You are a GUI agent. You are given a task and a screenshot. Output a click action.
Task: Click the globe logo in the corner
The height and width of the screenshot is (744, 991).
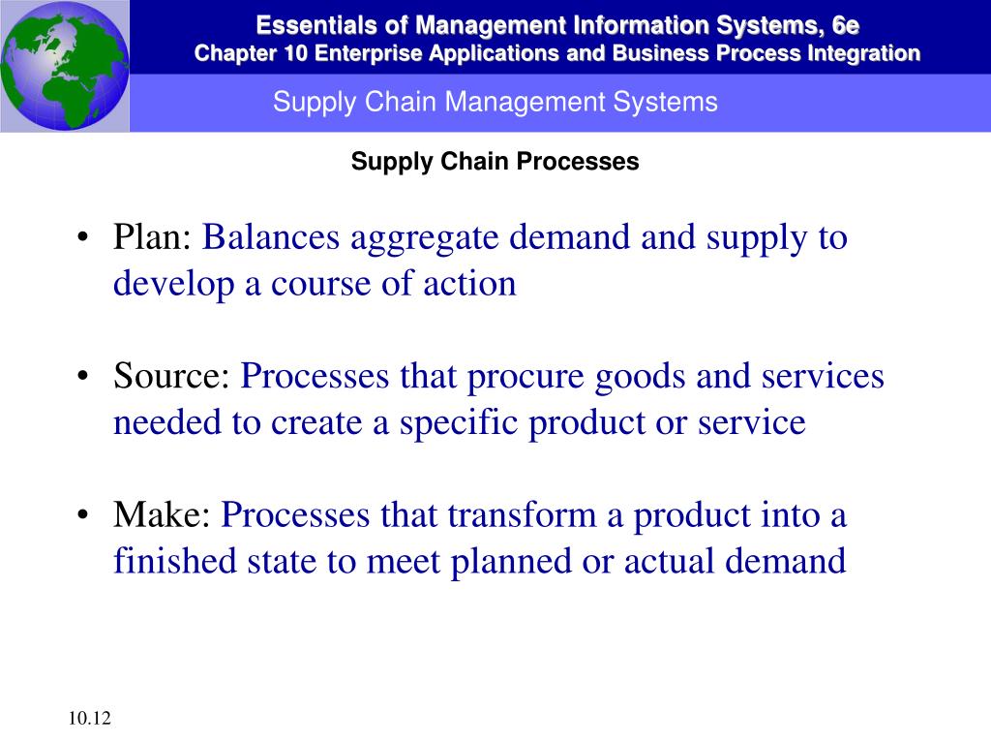point(65,66)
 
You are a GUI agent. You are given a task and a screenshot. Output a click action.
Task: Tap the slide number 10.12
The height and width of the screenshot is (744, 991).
point(89,718)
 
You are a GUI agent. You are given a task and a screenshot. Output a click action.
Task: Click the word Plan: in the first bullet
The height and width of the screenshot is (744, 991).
point(152,237)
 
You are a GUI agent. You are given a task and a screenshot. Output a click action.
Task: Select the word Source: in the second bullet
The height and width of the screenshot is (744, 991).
point(171,376)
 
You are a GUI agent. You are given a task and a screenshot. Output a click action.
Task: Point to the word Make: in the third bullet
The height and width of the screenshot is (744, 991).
point(162,514)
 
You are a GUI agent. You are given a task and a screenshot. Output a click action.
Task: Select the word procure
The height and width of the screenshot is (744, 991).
point(526,379)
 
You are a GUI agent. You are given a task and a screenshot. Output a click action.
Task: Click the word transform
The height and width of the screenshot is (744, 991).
point(522,514)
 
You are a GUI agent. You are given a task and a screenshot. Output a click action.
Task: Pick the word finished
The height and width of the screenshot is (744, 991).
point(175,561)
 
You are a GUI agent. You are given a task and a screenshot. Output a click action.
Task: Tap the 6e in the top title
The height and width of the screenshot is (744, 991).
point(846,25)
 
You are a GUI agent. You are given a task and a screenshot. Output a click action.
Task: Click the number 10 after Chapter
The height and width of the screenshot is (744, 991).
point(294,53)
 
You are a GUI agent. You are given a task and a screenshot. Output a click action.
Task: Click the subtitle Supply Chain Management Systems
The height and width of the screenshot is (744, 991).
point(495,102)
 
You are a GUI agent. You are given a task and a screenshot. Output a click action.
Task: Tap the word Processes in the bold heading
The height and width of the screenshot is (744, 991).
point(578,162)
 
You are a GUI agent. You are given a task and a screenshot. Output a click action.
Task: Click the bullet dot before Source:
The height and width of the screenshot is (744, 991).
point(83,377)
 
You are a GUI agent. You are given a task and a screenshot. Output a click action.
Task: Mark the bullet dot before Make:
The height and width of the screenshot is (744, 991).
point(83,515)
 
